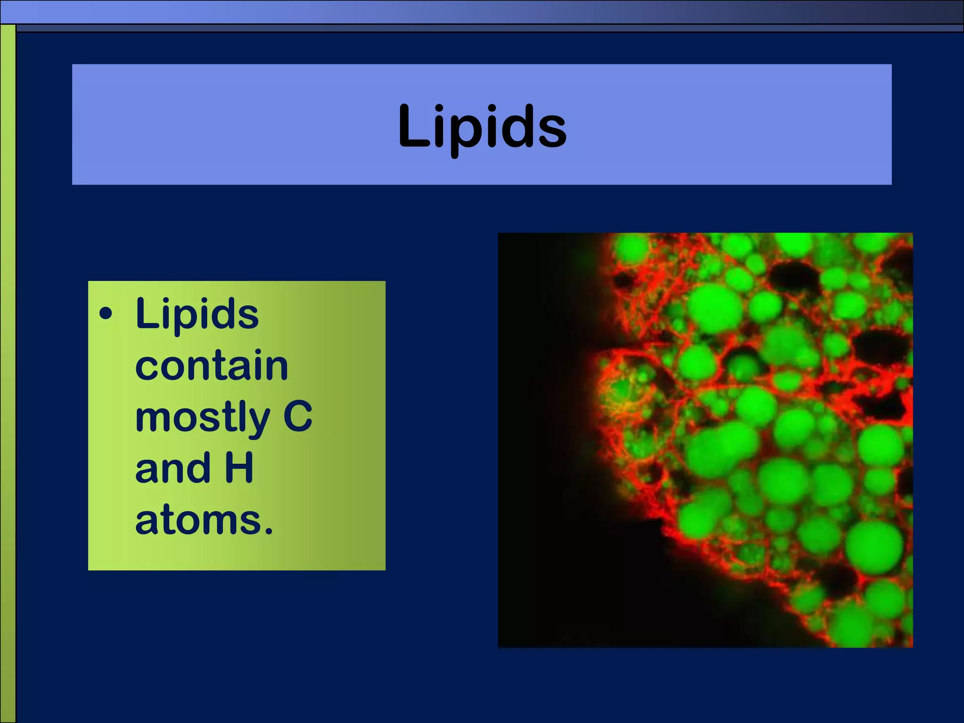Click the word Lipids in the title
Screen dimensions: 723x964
pos(482,126)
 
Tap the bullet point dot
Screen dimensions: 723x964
pos(106,314)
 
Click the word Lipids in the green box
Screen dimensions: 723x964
pos(197,314)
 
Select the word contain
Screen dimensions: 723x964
pos(211,366)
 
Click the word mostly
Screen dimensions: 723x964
pos(202,418)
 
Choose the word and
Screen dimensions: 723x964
pos(172,469)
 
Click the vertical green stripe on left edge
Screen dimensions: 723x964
pos(8,377)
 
